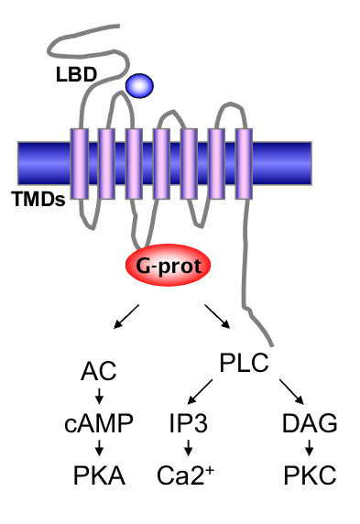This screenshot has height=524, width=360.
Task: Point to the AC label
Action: point(97,371)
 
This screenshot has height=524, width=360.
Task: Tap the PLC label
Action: point(244,364)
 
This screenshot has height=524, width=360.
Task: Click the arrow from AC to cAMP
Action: point(97,397)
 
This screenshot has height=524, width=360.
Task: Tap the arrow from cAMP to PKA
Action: point(97,449)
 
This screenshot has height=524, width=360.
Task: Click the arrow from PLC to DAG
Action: point(291,394)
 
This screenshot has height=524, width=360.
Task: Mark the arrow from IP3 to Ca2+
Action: point(189,449)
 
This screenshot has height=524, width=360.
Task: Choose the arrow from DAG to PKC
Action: point(309,449)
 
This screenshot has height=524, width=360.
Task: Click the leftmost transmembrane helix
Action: point(79,166)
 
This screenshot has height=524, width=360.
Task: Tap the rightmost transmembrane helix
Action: point(244,166)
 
